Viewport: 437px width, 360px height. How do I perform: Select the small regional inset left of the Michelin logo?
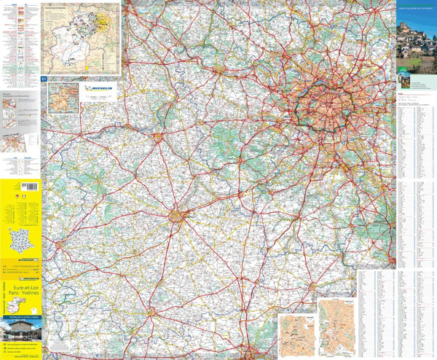(x=63, y=98)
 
